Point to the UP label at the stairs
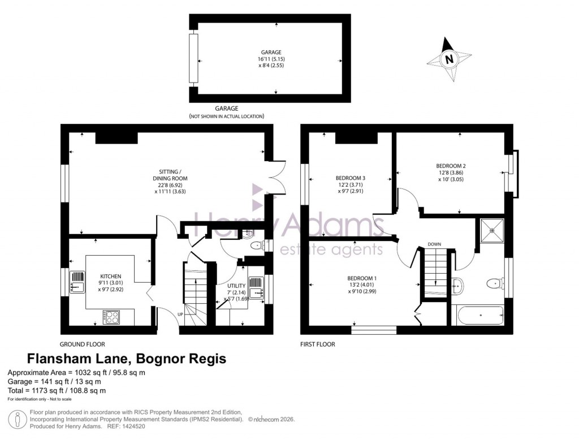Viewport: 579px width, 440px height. (180, 314)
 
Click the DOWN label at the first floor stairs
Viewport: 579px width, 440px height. (434, 244)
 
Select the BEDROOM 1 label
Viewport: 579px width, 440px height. (362, 278)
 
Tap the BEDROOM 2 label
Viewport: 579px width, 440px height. (451, 166)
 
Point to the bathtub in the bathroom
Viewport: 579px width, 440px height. (478, 316)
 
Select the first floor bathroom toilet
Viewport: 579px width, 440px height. (495, 283)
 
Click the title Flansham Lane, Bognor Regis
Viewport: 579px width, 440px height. (127, 359)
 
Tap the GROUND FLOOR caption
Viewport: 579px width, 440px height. (83, 344)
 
